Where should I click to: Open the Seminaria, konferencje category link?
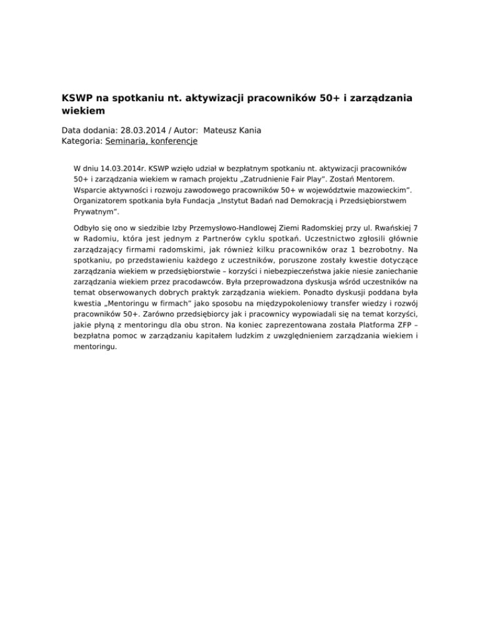coord(151,142)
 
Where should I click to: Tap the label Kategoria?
coord(82,142)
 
